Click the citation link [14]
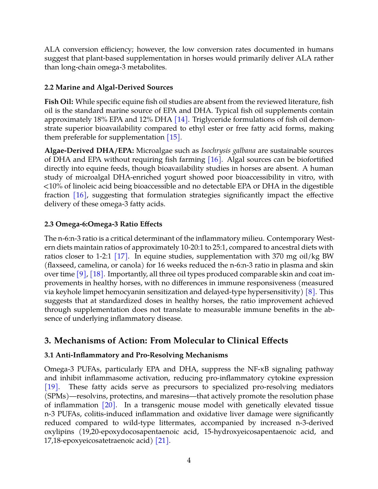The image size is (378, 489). coord(181,119)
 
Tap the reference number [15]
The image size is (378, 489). coord(173,137)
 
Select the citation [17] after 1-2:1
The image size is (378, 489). coord(121,256)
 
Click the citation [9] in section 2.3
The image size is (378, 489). coord(81,274)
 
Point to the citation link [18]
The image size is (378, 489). coord(97,274)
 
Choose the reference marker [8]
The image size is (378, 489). coord(311,292)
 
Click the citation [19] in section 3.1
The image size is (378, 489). coord(51,387)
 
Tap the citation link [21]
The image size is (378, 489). coord(162,440)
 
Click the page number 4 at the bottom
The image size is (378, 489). coord(189,460)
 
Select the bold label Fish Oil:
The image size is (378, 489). coord(59,102)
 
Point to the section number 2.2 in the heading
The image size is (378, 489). coord(49,87)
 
